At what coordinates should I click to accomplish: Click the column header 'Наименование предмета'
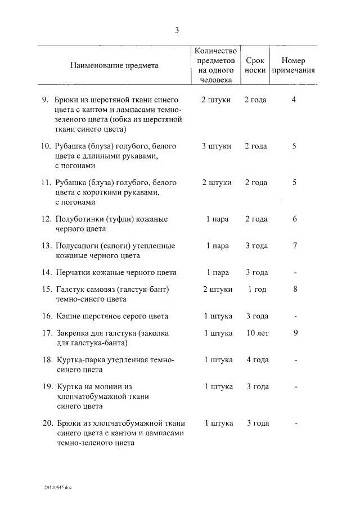(x=114, y=65)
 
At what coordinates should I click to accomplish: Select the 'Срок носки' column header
(x=255, y=65)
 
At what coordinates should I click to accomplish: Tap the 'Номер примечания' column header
(x=293, y=65)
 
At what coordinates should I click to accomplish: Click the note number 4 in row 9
(x=294, y=100)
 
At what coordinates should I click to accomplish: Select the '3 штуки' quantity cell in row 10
(x=217, y=146)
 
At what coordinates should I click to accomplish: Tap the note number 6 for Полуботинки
(x=294, y=219)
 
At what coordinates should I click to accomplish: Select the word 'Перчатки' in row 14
(x=73, y=272)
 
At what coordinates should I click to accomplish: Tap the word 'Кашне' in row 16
(x=68, y=316)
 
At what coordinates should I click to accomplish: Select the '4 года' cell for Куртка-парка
(x=257, y=359)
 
